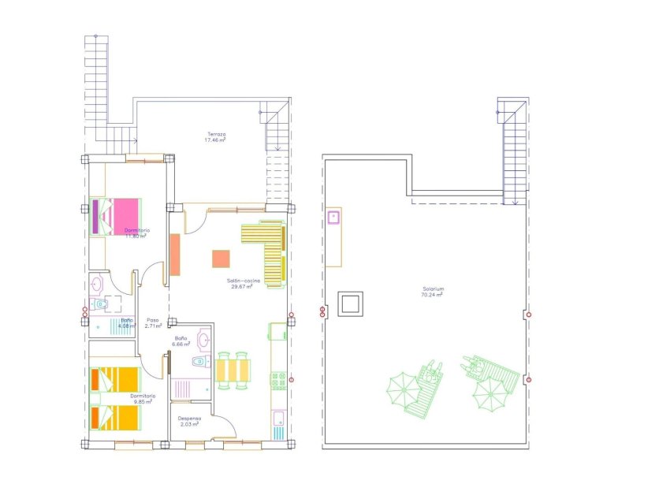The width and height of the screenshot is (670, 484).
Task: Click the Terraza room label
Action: [x=217, y=134]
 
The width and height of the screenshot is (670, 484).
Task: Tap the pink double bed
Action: [x=118, y=215]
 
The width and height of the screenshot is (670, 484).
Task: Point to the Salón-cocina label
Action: [x=242, y=281]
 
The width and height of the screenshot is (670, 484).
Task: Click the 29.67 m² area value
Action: [x=242, y=287]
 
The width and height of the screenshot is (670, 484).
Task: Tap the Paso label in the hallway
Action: [x=153, y=319]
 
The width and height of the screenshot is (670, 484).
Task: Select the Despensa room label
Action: [x=189, y=419]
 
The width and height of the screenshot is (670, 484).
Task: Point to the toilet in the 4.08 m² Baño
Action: [x=102, y=304]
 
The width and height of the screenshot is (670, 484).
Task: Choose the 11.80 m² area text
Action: [x=136, y=236]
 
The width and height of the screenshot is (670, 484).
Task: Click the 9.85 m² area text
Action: [x=143, y=401]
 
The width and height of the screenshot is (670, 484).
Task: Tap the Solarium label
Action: [x=433, y=289]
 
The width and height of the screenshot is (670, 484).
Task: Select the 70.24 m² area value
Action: [x=433, y=295]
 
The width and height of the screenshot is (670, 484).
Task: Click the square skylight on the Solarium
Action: [x=351, y=303]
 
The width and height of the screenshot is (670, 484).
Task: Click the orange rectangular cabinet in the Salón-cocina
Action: [x=175, y=255]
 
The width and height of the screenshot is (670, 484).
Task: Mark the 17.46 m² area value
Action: [x=217, y=140]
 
